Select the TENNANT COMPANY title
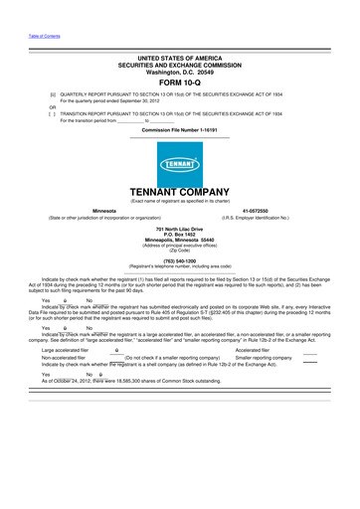click(x=180, y=191)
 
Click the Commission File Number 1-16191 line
click(x=180, y=130)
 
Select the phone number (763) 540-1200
click(x=180, y=260)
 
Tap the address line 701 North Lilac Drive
click(x=180, y=229)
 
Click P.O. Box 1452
click(x=180, y=235)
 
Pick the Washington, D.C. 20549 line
click(x=180, y=72)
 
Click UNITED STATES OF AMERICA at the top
click(x=180, y=58)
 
